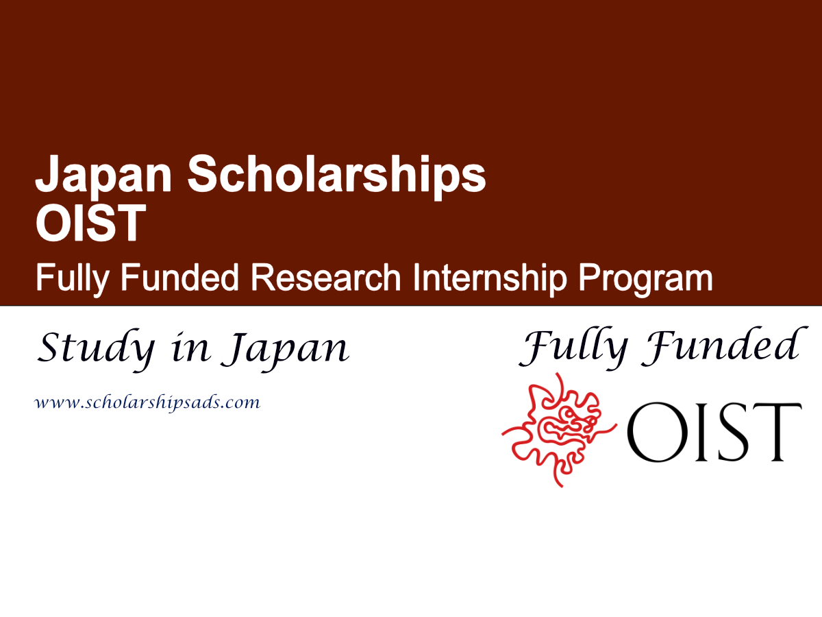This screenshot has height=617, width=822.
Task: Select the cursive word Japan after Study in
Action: [288, 350]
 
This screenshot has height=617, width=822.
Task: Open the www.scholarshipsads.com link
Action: [147, 403]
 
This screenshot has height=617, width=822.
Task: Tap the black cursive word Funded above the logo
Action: [719, 346]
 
